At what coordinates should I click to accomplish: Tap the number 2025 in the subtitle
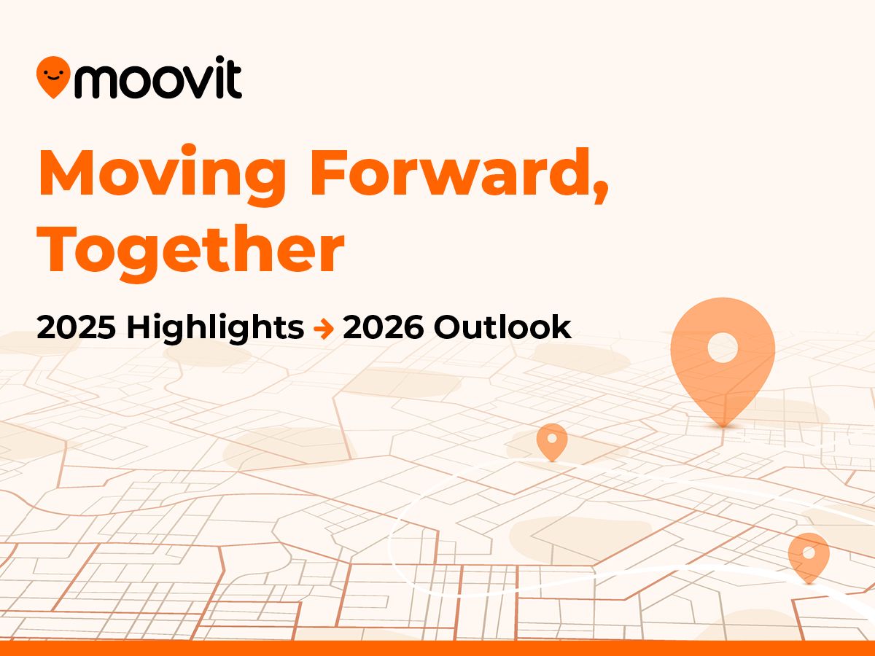(76, 328)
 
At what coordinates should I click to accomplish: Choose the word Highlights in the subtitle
(215, 329)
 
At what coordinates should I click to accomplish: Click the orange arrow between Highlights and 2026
(323, 329)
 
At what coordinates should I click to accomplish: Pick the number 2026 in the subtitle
(384, 328)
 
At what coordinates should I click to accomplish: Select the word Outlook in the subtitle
(502, 328)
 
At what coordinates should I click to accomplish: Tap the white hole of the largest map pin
(723, 348)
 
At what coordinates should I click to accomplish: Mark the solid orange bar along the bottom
(437, 648)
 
